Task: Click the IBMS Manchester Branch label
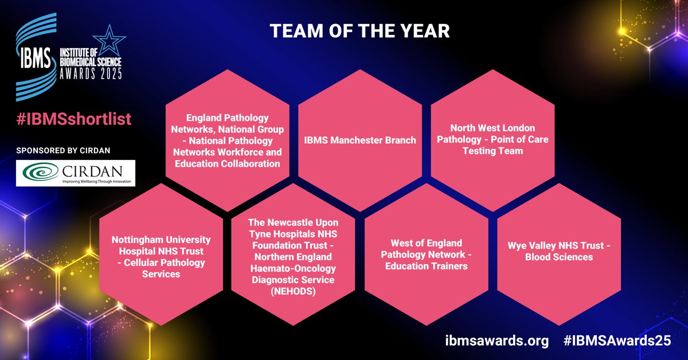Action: pos(360,140)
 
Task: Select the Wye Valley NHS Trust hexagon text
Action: pos(559,251)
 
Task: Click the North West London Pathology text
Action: pos(492,140)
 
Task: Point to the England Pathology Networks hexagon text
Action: pos(228,140)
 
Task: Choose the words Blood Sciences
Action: pos(559,257)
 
